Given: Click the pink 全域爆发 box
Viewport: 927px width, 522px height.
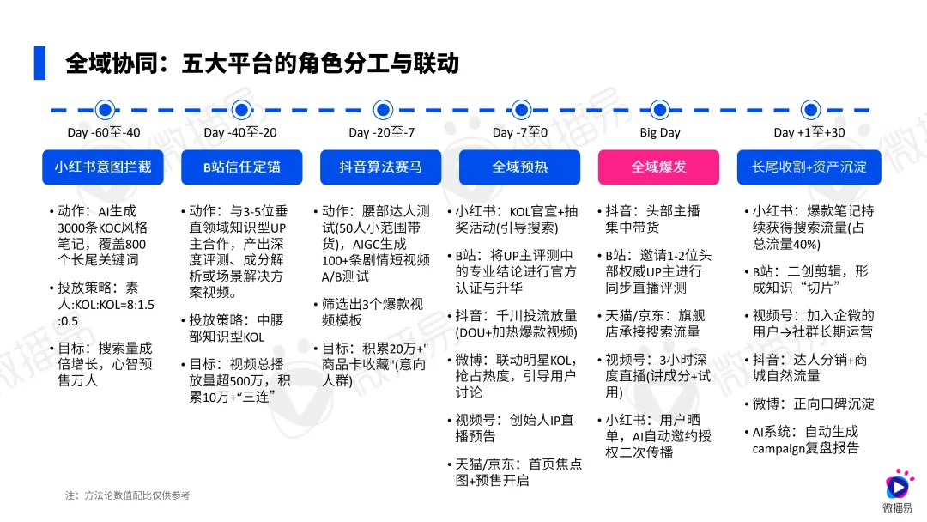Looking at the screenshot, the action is click(x=658, y=167).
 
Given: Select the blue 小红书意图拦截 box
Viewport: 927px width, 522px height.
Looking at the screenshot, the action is click(x=103, y=167).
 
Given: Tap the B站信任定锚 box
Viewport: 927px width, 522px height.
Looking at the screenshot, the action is click(x=241, y=167).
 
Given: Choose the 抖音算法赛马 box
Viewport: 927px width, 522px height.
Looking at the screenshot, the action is click(x=381, y=167).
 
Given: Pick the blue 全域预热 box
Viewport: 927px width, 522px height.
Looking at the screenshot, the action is click(x=519, y=167).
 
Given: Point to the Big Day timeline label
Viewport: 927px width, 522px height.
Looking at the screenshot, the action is click(x=659, y=132).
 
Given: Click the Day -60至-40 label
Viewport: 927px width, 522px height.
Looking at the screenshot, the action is click(x=103, y=132).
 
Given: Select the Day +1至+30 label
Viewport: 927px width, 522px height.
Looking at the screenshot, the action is click(x=809, y=132).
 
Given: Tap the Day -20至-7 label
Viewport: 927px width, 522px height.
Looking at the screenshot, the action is click(x=381, y=132).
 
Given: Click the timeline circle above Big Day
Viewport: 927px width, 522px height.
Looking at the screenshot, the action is click(x=659, y=110).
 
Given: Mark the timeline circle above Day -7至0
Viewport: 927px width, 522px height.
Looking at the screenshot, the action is click(x=520, y=110).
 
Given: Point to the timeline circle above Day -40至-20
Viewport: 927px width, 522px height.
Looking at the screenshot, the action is click(x=242, y=110).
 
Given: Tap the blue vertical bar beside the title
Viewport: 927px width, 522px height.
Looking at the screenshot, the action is click(x=39, y=63).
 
